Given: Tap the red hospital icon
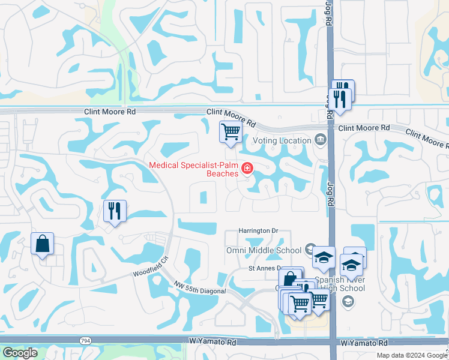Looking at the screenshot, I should (247, 169).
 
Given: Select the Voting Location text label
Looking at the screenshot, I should (282, 140).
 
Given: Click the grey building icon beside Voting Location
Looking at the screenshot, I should (320, 140).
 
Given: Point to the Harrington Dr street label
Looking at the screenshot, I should (259, 230).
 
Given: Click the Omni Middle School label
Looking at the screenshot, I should (264, 250).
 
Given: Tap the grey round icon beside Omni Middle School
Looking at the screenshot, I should (310, 249).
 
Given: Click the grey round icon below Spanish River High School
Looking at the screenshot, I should (348, 302).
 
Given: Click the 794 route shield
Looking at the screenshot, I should (85, 340).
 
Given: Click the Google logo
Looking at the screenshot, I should (20, 353).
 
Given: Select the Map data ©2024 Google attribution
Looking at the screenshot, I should (412, 355).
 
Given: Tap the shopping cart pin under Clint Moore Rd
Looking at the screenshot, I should (231, 131).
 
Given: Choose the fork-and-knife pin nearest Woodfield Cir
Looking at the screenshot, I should (114, 211).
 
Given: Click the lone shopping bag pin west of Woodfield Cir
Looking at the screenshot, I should (42, 244).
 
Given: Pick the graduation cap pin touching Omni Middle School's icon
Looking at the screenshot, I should (324, 259).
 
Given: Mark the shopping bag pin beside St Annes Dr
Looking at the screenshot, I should (290, 279).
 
